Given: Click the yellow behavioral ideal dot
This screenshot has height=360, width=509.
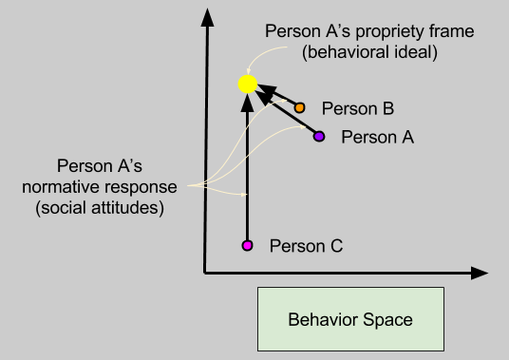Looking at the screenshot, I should point(247,85).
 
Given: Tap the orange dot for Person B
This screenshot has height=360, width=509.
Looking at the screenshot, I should point(300,108).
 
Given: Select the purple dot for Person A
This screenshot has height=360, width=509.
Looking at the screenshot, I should point(319,137).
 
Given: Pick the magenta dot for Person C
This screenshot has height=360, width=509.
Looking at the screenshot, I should point(247,246).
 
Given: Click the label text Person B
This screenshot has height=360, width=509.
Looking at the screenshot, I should point(351,108).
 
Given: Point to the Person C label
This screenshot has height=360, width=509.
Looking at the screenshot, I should point(306,246).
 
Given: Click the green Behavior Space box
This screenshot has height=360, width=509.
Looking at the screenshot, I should point(350,318).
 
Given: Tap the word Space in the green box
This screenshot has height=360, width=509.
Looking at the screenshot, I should point(390,319).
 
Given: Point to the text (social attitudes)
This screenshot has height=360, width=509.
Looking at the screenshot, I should point(99,205).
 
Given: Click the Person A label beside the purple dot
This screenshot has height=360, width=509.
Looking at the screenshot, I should point(377,137).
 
